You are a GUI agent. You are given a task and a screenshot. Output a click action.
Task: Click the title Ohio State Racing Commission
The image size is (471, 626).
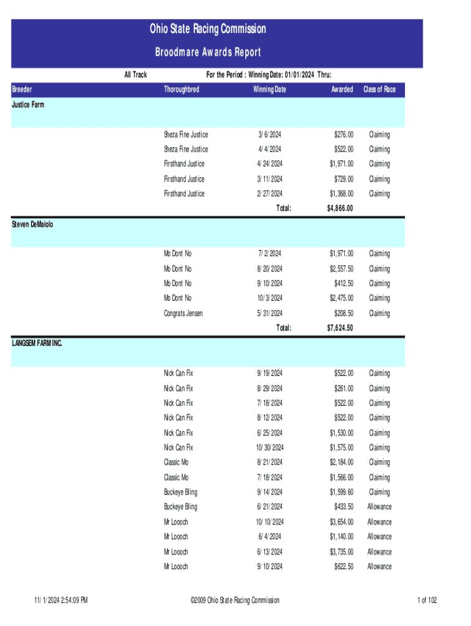point(207,29)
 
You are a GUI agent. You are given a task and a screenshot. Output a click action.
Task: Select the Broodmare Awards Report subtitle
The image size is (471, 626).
point(207,52)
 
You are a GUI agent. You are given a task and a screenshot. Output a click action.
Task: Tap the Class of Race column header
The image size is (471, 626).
point(379,90)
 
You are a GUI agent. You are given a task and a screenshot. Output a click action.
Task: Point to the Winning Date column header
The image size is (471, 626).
point(269,90)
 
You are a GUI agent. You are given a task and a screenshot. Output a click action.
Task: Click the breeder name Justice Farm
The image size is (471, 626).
point(28,105)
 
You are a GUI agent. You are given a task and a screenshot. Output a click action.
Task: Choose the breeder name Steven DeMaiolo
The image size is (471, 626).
point(32,224)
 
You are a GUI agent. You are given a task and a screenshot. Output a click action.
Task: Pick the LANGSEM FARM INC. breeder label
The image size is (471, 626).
point(37,344)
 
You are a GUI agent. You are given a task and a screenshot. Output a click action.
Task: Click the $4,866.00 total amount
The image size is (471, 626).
point(340,208)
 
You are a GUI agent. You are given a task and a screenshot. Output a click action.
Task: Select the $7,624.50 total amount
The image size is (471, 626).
point(340,328)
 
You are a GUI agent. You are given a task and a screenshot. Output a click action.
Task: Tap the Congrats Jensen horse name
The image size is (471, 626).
point(183,314)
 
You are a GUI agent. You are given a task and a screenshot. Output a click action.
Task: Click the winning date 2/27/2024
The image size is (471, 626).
point(269,194)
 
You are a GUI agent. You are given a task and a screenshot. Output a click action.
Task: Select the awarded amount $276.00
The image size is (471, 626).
point(343,134)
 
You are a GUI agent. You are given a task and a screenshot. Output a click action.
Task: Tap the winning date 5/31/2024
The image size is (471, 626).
point(269,314)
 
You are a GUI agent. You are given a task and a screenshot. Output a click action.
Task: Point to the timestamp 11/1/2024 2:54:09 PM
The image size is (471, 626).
point(61,600)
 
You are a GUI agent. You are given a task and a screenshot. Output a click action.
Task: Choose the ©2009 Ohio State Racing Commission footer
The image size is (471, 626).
point(235,600)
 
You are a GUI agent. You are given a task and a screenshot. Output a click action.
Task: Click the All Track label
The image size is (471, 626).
point(135,75)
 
